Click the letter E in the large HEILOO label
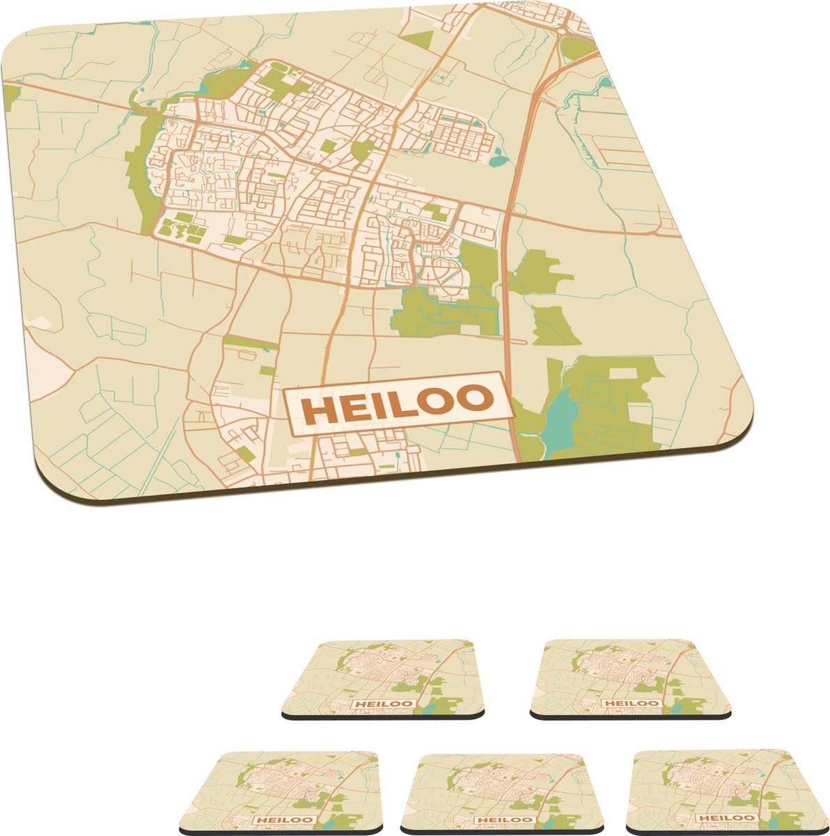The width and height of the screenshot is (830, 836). pos(355,408)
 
